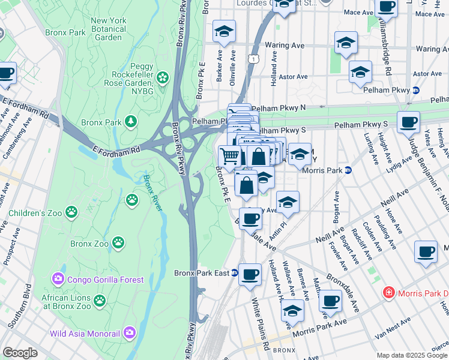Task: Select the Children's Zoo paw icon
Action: (x=71, y=211)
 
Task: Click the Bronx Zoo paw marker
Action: (x=120, y=243)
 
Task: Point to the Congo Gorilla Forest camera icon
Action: (x=58, y=279)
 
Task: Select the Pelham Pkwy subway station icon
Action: (x=415, y=90)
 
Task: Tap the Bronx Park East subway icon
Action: (x=235, y=273)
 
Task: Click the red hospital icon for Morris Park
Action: (x=389, y=293)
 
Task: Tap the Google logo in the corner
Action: (x=20, y=353)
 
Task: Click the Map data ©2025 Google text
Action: (x=412, y=355)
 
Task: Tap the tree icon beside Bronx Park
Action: (x=130, y=122)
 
